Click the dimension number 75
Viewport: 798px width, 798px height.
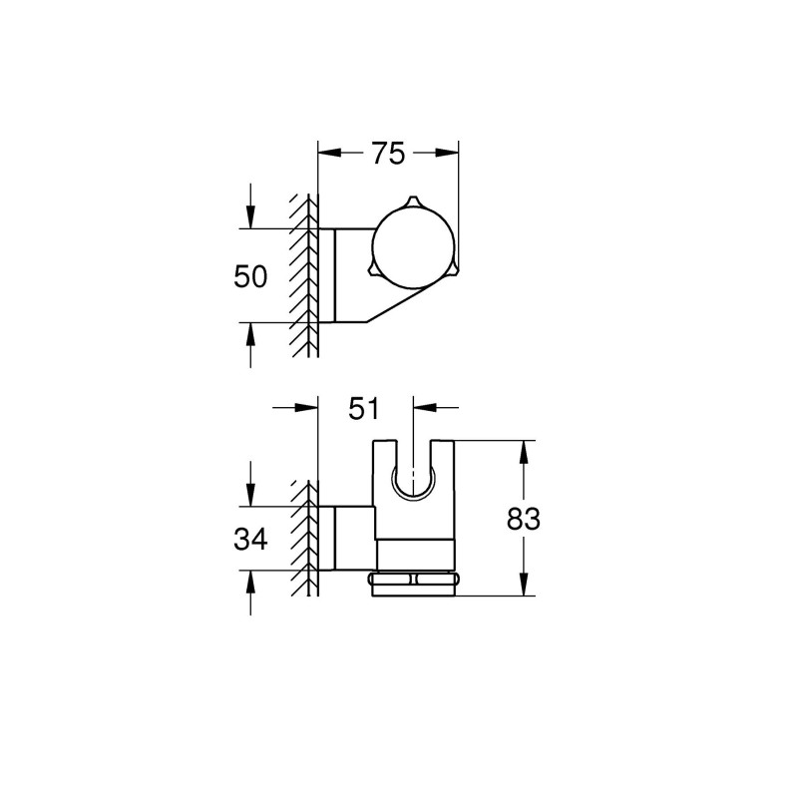click(388, 154)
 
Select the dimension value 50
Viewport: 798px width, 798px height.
click(250, 275)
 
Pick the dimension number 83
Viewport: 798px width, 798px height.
click(523, 519)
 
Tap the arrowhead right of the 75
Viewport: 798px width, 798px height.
click(449, 154)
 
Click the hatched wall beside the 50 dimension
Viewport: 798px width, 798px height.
click(301, 275)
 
